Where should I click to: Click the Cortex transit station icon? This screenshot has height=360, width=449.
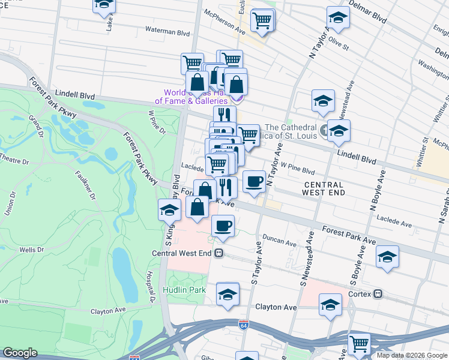pyautogui.click(x=378, y=294)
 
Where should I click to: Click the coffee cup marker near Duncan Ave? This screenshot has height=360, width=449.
pyautogui.click(x=223, y=226)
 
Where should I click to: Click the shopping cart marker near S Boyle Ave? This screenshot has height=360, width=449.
pyautogui.click(x=359, y=344)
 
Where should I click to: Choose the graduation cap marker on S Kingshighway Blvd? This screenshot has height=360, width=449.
pyautogui.click(x=170, y=210)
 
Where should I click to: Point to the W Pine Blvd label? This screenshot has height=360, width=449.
pyautogui.click(x=298, y=169)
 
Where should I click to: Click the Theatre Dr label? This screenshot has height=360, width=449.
pyautogui.click(x=14, y=161)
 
